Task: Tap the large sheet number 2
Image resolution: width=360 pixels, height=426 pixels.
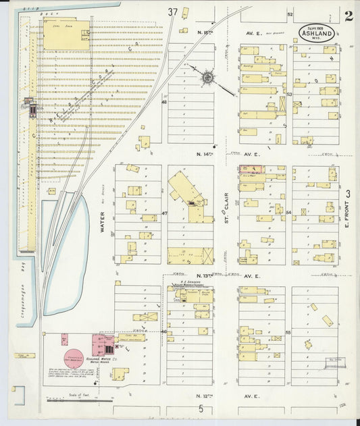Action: pos(348,17)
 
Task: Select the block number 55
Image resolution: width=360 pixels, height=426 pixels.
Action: pos(288,333)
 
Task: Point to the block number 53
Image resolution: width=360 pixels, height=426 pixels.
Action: pos(288,95)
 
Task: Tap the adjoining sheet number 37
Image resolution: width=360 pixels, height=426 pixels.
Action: pos(173,11)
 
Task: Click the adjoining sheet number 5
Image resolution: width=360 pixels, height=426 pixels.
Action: pos(201,408)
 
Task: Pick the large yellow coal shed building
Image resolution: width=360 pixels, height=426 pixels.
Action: pos(66,34)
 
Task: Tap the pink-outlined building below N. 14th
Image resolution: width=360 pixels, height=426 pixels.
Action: pos(251,169)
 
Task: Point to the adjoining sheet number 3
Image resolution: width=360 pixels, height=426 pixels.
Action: pos(349,194)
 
